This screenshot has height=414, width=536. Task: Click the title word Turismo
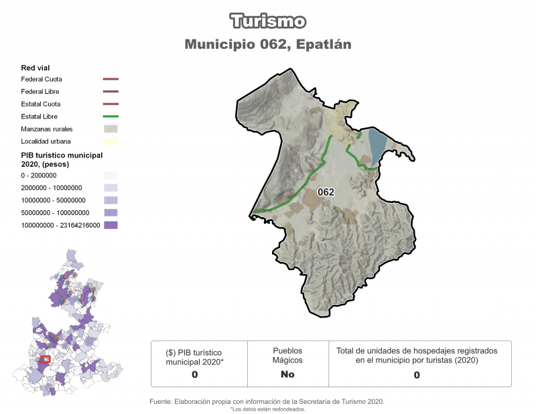tap(268, 21)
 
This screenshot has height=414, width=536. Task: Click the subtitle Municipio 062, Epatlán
tap(268, 44)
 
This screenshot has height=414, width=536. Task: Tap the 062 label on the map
tap(326, 192)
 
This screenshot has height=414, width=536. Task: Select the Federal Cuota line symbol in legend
tap(111, 79)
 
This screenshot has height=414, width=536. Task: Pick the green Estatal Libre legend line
tap(111, 117)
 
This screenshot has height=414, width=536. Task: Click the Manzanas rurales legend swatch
tap(111, 129)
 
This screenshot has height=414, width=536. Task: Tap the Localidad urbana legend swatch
tap(111, 141)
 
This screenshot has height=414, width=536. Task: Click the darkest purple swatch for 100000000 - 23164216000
tap(111, 225)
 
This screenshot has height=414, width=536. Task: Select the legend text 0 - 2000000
tap(39, 176)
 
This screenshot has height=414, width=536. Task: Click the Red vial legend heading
tap(36, 68)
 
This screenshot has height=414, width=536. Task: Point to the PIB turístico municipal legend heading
tap(62, 159)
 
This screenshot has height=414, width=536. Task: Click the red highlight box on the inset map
tap(46, 360)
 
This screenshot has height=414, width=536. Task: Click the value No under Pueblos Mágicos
tap(287, 374)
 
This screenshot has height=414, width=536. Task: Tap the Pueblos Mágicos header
tap(287, 355)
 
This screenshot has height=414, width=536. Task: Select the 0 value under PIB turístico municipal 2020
tap(194, 374)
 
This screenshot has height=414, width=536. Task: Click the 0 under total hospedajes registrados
tap(417, 375)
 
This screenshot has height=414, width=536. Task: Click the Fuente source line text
tap(267, 401)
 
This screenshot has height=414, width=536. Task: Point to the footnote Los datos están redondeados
tap(267, 409)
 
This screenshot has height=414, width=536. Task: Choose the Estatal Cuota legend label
tap(41, 104)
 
